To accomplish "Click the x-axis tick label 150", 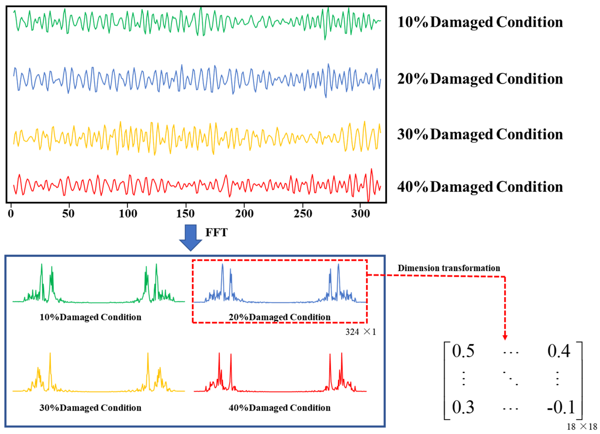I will click(185, 213).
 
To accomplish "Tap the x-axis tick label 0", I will click(11, 213).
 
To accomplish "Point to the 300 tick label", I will click(360, 213).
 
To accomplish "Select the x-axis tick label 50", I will click(68, 213).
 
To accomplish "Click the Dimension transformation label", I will click(449, 268).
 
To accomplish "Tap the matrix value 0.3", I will click(463, 407).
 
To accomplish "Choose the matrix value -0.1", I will click(561, 407).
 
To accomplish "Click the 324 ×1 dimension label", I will click(360, 332).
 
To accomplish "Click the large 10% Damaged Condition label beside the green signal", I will click(480, 22).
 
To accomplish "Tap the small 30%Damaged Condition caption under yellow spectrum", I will click(90, 408).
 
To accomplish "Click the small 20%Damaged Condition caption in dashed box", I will click(280, 317).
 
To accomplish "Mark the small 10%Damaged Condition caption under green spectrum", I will click(90, 317).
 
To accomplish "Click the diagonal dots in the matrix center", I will click(510, 378).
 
